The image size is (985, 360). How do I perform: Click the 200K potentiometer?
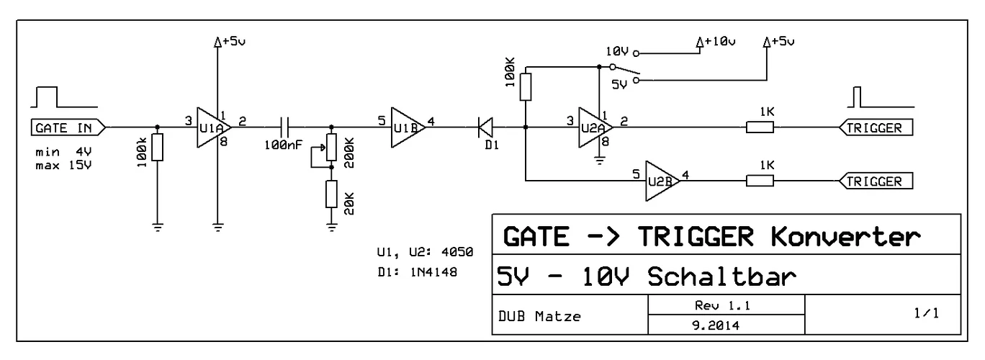tap(331, 148)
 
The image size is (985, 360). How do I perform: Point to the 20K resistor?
tap(331, 194)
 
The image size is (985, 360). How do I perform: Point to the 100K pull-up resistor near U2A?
tap(526, 85)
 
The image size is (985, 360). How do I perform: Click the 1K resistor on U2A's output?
tap(760, 127)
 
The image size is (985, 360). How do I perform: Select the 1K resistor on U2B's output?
tap(760, 180)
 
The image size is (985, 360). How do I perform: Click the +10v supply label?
tap(719, 42)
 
